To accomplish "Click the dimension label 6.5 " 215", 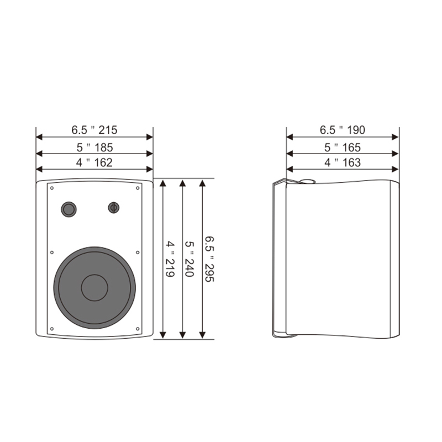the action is pos(94,130).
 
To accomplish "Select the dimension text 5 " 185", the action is pos(94,148).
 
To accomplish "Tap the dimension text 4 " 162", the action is pos(94,162).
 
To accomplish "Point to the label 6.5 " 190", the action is pos(342,130).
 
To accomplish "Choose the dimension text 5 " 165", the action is pos(343,148).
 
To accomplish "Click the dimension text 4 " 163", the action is pos(343,162).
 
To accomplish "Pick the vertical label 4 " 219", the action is pos(170,259).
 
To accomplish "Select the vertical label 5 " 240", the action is pos(190,259).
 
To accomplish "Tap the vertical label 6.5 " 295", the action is pos(209,259).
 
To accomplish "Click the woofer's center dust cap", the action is pos(94,287).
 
